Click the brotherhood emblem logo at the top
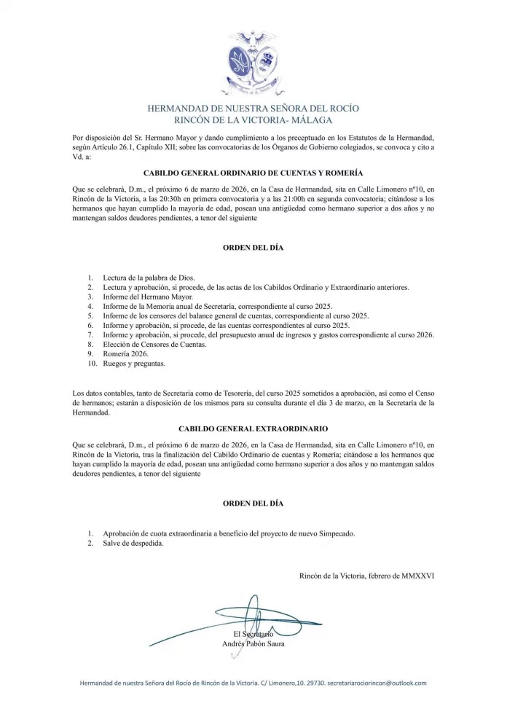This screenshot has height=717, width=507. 253,64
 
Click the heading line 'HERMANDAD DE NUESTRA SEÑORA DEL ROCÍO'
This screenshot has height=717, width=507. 253,109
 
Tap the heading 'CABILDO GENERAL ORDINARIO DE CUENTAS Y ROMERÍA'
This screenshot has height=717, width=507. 253,174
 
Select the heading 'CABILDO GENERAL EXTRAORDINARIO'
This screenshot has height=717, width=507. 253,429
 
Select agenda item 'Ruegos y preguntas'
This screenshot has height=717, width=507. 134,363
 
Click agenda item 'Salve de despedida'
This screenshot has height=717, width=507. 133,543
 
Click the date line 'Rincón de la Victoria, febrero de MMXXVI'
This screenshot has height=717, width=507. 366,576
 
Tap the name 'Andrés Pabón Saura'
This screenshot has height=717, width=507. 253,644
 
